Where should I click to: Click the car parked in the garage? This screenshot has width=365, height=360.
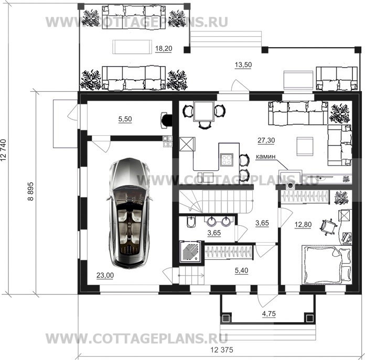(x=129, y=213)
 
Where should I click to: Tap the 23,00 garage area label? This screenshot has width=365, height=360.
(x=105, y=275)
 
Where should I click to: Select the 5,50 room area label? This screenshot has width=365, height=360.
(x=125, y=119)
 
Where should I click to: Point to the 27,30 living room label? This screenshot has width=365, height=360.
(x=266, y=140)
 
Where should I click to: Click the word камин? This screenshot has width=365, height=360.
(x=265, y=157)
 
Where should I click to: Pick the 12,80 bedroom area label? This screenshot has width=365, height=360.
(x=303, y=225)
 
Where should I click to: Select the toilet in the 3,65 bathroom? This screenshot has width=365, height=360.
(x=191, y=222)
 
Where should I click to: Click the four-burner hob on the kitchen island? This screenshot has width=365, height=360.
(x=227, y=159)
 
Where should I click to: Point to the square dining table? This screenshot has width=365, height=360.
(x=203, y=111)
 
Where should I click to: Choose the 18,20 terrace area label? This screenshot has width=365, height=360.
(x=164, y=48)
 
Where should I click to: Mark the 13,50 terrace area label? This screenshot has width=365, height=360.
(x=243, y=64)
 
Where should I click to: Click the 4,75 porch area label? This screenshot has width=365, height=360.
(x=269, y=314)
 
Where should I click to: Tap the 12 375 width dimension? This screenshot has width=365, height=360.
(x=222, y=350)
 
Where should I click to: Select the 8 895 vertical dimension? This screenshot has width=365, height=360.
(x=30, y=191)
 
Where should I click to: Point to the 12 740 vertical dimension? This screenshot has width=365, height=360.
(x=3, y=150)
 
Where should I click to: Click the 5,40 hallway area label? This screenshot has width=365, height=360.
(x=241, y=270)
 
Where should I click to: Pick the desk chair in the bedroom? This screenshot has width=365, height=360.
(x=328, y=226)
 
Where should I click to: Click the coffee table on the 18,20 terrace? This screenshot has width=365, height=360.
(x=132, y=47)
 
